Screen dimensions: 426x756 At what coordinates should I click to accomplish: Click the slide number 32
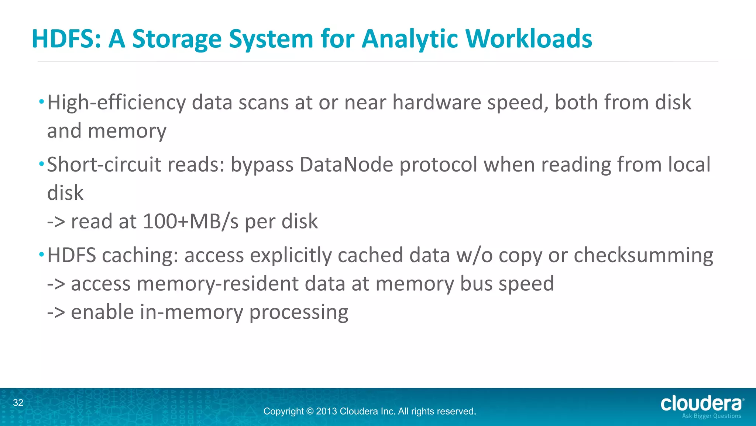pos(18,403)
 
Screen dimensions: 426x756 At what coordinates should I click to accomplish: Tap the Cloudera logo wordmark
pos(701,403)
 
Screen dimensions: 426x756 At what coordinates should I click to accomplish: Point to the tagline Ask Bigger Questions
pos(711,416)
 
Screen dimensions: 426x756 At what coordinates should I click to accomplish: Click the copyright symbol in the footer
pos(310,411)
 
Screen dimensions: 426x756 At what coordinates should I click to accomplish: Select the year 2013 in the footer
pos(326,411)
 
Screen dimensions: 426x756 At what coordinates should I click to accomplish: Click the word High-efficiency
pos(116,103)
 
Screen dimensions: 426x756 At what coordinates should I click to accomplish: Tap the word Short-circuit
pos(104,165)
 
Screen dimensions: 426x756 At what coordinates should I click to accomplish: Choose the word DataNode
pos(346,165)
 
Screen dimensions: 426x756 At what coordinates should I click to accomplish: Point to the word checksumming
pos(643,256)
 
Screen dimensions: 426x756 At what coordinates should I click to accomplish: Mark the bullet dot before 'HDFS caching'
pos(42,254)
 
